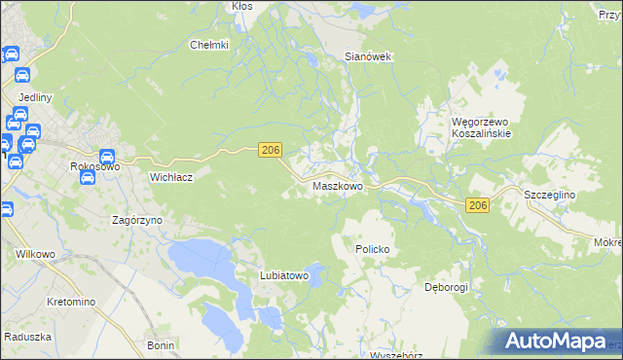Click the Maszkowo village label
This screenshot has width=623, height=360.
click(x=338, y=185)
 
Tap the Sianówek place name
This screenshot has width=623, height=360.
click(x=368, y=57)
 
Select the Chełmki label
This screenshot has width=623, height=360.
click(x=208, y=45)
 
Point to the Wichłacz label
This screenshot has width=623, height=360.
click(x=172, y=178)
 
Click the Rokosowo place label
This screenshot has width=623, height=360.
click(x=94, y=167)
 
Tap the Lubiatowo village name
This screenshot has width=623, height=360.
click(x=283, y=276)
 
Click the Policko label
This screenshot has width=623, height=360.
click(x=372, y=250)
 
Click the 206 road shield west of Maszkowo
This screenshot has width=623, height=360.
click(x=271, y=149)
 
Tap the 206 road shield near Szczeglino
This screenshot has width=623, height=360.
click(x=477, y=205)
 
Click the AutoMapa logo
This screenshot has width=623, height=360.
click(x=556, y=342)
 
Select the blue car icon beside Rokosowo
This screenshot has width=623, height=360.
click(x=107, y=155)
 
